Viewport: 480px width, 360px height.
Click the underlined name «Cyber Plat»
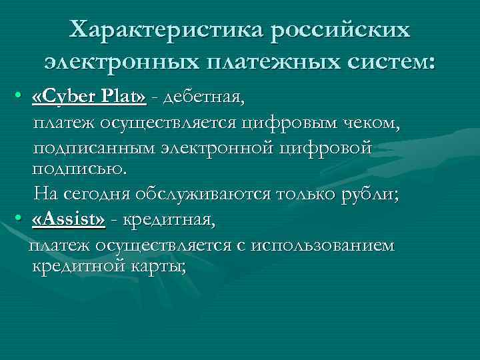click(89, 99)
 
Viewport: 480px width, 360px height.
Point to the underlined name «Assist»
click(69, 219)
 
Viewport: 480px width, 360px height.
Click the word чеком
click(371, 123)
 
